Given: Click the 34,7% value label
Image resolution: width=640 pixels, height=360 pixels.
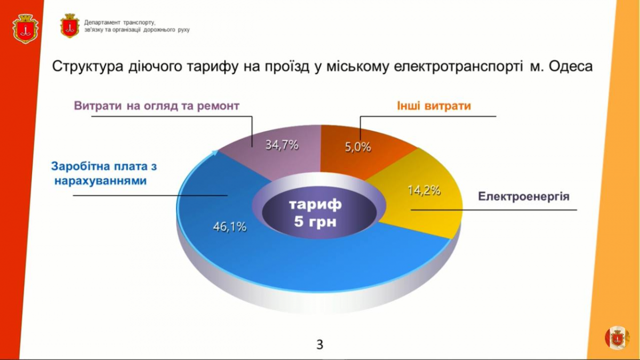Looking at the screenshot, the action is pyautogui.click(x=282, y=145).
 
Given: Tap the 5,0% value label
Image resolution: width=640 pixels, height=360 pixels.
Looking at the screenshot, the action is pyautogui.click(x=358, y=147).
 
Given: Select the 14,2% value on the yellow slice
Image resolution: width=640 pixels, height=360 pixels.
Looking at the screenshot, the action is pyautogui.click(x=424, y=190).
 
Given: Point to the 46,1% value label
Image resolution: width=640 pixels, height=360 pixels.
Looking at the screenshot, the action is pyautogui.click(x=230, y=227).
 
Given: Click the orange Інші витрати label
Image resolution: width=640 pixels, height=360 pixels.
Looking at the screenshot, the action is pyautogui.click(x=434, y=106).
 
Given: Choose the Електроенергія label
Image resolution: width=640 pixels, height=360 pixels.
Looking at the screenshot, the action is pyautogui.click(x=524, y=197).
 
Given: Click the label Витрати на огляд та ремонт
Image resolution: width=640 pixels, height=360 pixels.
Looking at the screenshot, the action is pyautogui.click(x=157, y=106).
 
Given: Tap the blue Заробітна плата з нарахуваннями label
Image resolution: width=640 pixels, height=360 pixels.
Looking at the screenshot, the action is pyautogui.click(x=104, y=173).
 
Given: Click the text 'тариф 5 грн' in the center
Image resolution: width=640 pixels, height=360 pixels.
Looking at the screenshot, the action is pyautogui.click(x=315, y=213).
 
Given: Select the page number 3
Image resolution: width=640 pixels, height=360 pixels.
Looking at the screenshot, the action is pyautogui.click(x=319, y=345).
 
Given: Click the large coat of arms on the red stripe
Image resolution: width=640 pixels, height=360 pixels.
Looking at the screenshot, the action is pyautogui.click(x=26, y=29).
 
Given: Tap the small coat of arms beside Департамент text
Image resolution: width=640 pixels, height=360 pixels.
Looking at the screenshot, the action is pyautogui.click(x=70, y=26).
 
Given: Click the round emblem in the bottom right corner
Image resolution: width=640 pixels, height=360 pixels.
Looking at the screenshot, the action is pyautogui.click(x=618, y=338).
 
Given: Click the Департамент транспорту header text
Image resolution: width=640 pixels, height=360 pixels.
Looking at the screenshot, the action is pyautogui.click(x=137, y=26).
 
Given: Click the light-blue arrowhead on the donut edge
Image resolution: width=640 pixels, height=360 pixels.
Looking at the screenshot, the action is pyautogui.click(x=215, y=153).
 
